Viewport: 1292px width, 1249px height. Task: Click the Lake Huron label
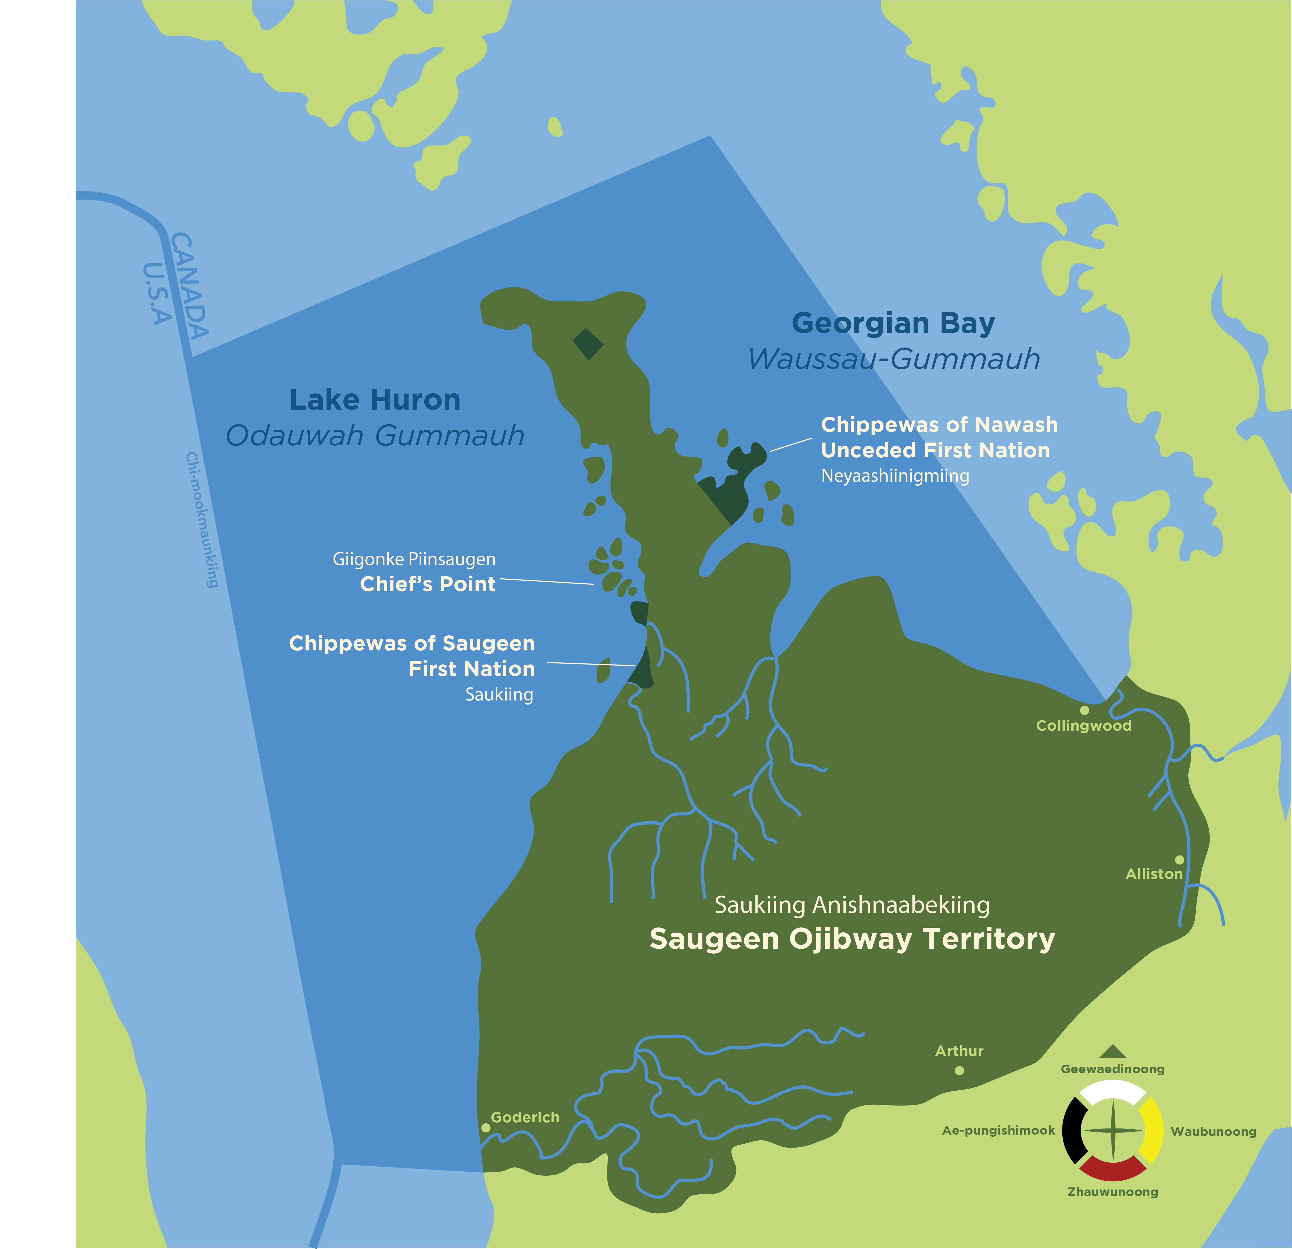pos(375,400)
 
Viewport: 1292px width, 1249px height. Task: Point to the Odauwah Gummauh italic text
pos(375,436)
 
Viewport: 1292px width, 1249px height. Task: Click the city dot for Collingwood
pos(1084,710)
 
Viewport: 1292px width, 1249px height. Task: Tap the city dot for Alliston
pos(1179,860)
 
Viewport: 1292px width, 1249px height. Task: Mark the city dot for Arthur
pos(959,1070)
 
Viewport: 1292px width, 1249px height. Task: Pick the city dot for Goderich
pos(486,1128)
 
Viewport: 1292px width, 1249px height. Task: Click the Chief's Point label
pos(428,584)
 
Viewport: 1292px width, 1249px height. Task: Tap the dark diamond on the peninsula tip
pos(588,344)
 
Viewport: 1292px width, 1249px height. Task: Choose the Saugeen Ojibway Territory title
pos(852,938)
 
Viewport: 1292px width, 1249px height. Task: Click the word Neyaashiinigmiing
pos(895,476)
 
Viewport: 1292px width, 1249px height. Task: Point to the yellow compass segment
pos(1152,1130)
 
